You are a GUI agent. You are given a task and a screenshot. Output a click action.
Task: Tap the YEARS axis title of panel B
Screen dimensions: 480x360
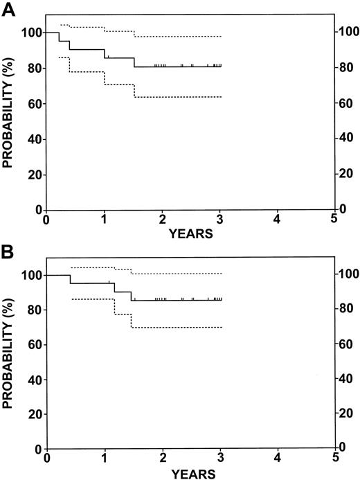[x=190, y=474]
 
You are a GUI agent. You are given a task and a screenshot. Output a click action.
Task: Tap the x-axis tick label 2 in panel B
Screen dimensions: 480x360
[x=162, y=460]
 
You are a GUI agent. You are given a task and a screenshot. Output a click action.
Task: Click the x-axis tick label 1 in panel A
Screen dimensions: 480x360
[x=104, y=221]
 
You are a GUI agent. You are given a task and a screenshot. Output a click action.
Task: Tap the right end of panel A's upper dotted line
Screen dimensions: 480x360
[x=221, y=36]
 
